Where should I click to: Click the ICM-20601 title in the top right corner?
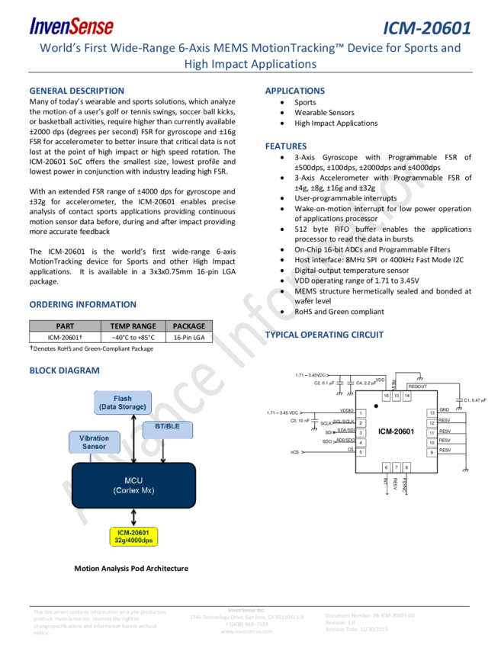[426, 28]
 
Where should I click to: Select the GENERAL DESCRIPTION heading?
[76, 91]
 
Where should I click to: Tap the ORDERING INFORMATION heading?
[82, 304]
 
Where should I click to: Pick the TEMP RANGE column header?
[133, 326]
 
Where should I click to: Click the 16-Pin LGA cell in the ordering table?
[189, 337]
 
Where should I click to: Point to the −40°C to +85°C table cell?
[133, 337]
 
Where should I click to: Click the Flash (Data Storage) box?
[123, 403]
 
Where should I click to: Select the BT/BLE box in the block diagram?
[167, 426]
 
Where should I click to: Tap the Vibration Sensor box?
[94, 442]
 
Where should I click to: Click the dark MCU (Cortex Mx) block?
[133, 486]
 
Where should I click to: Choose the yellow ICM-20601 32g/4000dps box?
[133, 536]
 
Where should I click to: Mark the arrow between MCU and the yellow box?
[133, 518]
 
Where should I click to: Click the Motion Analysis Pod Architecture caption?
[131, 568]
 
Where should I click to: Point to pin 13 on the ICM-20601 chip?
[432, 412]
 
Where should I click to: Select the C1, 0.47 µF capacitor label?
[474, 400]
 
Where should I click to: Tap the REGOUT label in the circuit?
[417, 387]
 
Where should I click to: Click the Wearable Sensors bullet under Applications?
[324, 113]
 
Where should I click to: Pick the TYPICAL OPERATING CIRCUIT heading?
[324, 335]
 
